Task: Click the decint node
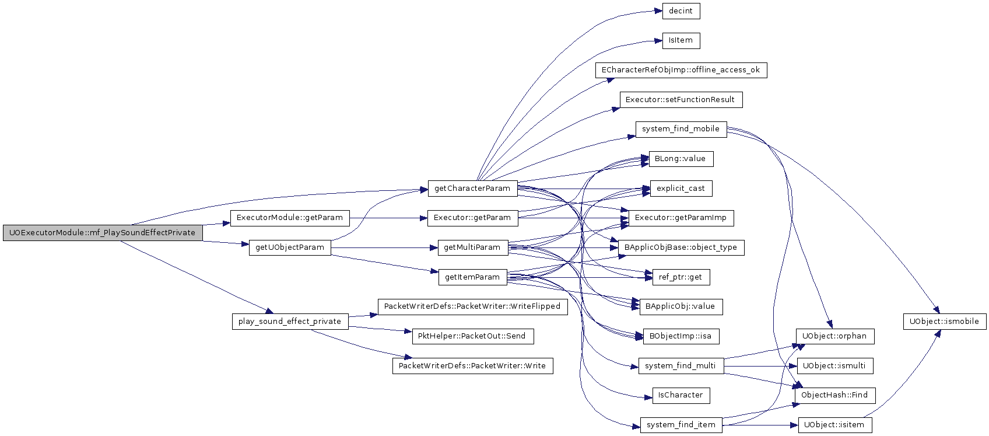(681, 11)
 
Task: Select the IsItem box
(681, 41)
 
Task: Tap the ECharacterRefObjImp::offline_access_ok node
(681, 70)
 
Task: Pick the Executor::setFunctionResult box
(681, 100)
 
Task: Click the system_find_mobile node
(681, 130)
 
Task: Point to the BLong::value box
(681, 159)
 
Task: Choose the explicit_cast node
(681, 189)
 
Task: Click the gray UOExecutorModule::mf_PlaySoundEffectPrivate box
(103, 233)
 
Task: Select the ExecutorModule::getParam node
(290, 218)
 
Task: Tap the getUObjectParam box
(290, 248)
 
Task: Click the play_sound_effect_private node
(290, 322)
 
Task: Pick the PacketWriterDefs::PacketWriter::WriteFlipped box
(472, 306)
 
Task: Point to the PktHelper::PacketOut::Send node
(472, 336)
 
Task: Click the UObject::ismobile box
(945, 322)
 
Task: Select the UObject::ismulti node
(835, 366)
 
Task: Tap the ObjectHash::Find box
(835, 395)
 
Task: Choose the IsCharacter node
(681, 395)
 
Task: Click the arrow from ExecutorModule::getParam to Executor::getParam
(388, 218)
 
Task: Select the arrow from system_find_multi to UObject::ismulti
(760, 366)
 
